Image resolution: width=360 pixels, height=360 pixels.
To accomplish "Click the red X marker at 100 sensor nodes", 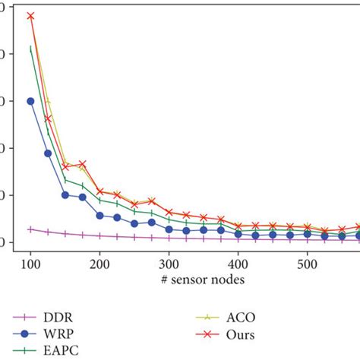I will point(30,15).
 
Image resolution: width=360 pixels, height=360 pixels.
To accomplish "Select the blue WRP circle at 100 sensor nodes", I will point(30,101).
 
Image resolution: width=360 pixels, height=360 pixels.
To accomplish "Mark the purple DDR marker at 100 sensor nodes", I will point(30,229).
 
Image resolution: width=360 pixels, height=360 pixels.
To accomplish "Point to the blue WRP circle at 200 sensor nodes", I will point(99,216).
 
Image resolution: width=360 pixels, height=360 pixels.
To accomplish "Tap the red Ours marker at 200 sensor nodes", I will point(99,191).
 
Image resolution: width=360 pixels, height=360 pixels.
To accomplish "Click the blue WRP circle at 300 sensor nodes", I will point(169,229).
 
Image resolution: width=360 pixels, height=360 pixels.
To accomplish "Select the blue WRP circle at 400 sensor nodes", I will point(238,234).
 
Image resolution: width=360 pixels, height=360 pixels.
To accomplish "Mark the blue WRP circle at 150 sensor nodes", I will point(65,194).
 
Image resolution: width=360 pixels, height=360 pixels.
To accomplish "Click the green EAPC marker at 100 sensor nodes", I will point(30,49).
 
